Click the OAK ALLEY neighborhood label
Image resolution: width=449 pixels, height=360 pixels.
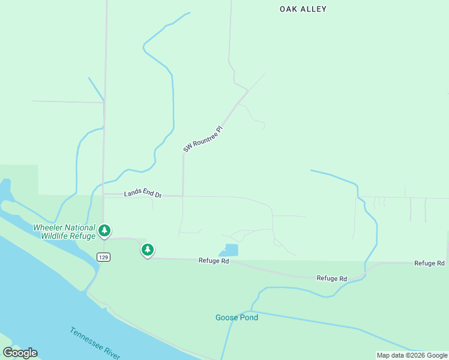tap(303, 9)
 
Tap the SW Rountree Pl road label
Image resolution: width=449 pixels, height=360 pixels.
tap(203, 139)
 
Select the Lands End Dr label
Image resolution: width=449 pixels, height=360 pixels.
tap(143, 194)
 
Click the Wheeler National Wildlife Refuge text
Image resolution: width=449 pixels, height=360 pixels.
tap(64, 232)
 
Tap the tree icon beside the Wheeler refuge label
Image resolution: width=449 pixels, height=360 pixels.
tap(104, 230)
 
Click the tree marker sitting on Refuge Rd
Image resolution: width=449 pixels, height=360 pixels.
tap(148, 250)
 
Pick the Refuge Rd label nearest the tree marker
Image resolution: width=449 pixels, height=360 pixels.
tap(214, 261)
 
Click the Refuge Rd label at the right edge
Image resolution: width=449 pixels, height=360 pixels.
tap(429, 263)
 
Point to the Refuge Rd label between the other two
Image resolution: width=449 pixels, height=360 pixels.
tap(332, 278)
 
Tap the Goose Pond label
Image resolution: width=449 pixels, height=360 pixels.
tap(237, 317)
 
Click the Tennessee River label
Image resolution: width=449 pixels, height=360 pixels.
tap(94, 343)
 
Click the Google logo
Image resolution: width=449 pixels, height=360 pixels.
tap(20, 353)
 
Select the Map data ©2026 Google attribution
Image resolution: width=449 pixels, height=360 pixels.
tap(412, 355)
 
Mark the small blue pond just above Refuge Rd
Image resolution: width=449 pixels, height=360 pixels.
tap(231, 250)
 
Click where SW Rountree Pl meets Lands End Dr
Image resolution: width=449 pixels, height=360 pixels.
tap(182, 196)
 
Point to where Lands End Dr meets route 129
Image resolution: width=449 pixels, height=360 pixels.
tap(104, 194)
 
